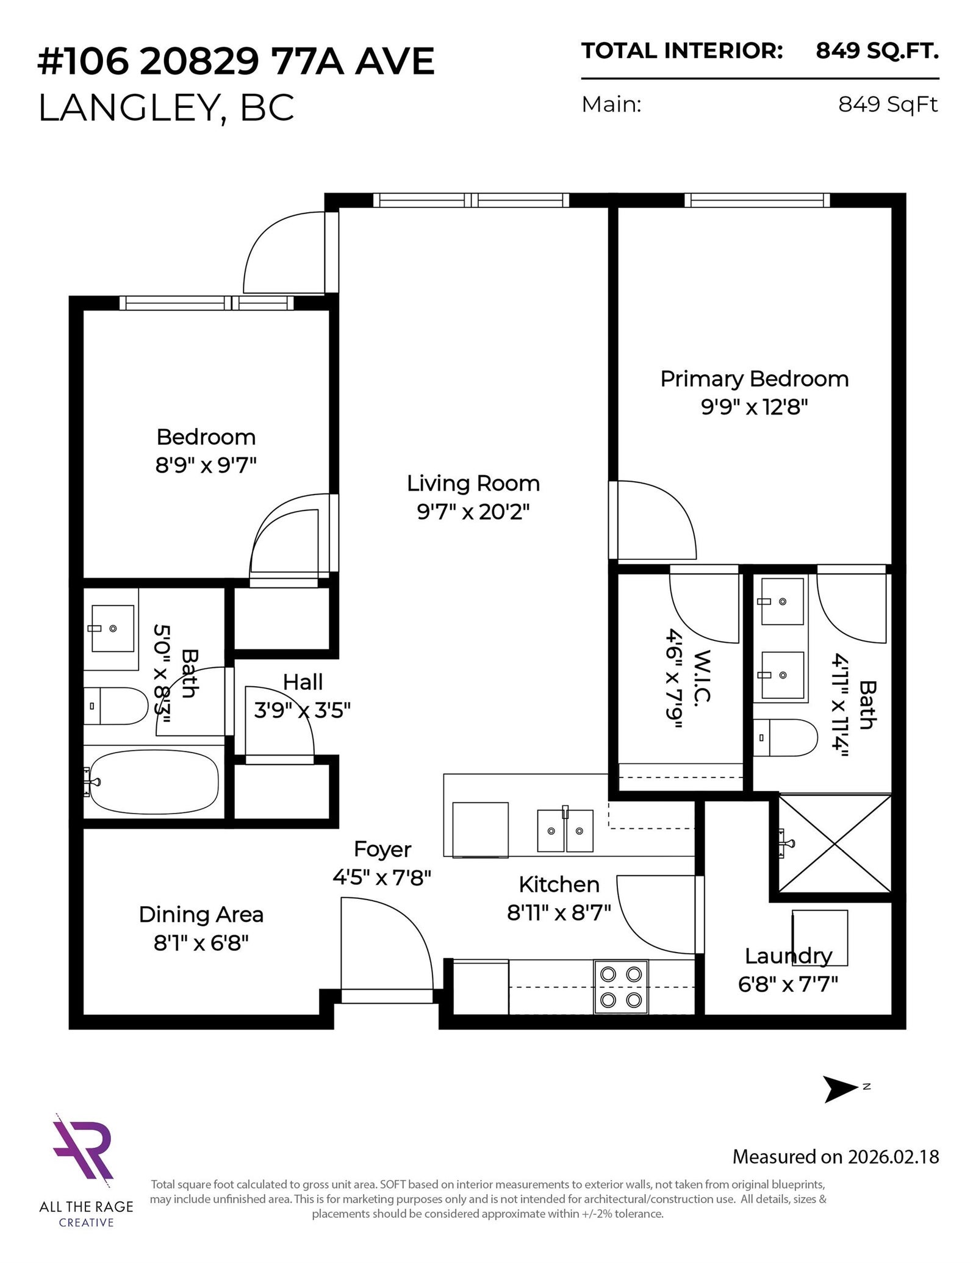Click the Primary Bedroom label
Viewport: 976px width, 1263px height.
754,379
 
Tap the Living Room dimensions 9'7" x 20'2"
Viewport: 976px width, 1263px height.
473,512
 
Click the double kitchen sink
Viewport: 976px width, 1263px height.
565,830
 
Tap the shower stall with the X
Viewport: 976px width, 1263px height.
834,843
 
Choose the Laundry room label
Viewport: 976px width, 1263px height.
788,956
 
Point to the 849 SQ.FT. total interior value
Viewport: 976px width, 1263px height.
877,52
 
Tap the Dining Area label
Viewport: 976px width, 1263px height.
201,914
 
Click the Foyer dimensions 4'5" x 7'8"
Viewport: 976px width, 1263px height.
382,878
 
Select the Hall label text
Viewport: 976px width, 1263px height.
303,682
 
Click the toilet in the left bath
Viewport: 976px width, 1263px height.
116,706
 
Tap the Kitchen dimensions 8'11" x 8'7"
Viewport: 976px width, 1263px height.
559,912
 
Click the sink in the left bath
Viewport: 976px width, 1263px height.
112,628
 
